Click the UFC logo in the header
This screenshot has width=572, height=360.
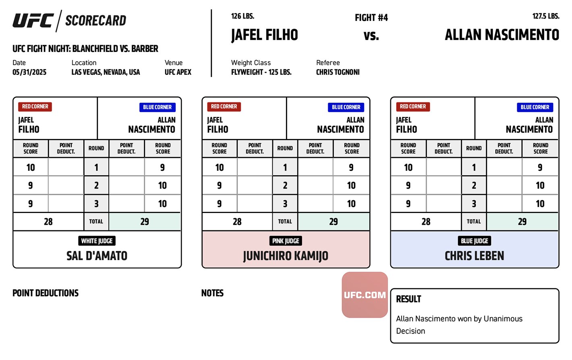[x=33, y=21]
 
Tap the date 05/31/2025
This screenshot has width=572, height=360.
[x=29, y=72]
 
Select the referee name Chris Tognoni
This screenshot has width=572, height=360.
[x=338, y=72]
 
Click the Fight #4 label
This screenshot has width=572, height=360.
[x=371, y=18]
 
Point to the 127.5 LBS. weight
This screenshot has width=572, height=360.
[x=546, y=16]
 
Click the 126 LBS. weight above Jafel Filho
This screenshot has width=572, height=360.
[x=242, y=16]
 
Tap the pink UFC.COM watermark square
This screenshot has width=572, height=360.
[x=365, y=295]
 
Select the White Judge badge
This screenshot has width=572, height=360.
[x=97, y=241]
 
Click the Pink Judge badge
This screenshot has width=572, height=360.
[x=286, y=241]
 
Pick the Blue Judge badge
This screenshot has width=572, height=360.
[x=474, y=241]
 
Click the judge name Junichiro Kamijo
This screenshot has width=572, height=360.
[x=286, y=256]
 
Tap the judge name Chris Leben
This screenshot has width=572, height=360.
[x=474, y=256]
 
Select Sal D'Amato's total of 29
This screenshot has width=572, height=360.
[x=145, y=221]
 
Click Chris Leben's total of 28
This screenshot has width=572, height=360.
[x=426, y=221]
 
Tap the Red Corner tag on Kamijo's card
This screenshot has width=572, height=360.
[x=224, y=106]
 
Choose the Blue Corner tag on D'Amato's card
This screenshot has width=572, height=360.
[x=157, y=107]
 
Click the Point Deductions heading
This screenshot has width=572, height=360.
[x=46, y=293]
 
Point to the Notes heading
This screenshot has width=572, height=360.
[x=212, y=293]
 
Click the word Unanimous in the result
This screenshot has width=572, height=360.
[x=503, y=319]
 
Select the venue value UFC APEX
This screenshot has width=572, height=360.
[x=178, y=72]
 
